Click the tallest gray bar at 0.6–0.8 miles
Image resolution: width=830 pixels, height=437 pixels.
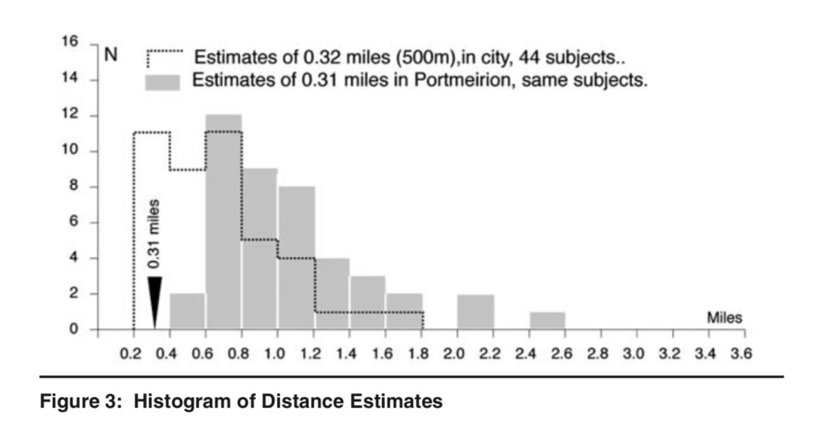tap(223, 223)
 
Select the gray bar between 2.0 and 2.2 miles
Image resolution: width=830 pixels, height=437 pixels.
tap(475, 311)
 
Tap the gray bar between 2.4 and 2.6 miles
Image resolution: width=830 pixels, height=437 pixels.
tap(547, 320)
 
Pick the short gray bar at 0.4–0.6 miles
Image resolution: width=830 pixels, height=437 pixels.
tap(187, 311)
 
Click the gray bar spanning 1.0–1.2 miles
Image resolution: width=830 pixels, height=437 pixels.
tap(296, 258)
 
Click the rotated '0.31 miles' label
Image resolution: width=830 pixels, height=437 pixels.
tap(155, 234)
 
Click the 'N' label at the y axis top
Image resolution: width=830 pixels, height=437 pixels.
tap(110, 56)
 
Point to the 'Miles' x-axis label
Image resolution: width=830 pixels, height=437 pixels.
tap(725, 318)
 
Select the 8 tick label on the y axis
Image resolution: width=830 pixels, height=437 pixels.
tap(73, 187)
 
